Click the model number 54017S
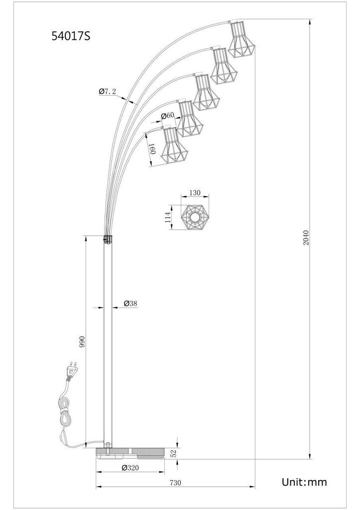pyautogui.click(x=71, y=36)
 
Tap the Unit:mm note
pyautogui.click(x=304, y=482)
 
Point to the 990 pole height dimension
pyautogui.click(x=82, y=342)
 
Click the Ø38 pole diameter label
pyautogui.click(x=130, y=303)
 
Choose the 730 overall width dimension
pyautogui.click(x=175, y=483)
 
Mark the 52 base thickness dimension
pyautogui.click(x=174, y=453)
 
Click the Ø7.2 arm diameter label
pyautogui.click(x=108, y=92)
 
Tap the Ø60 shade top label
pyautogui.click(x=168, y=116)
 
